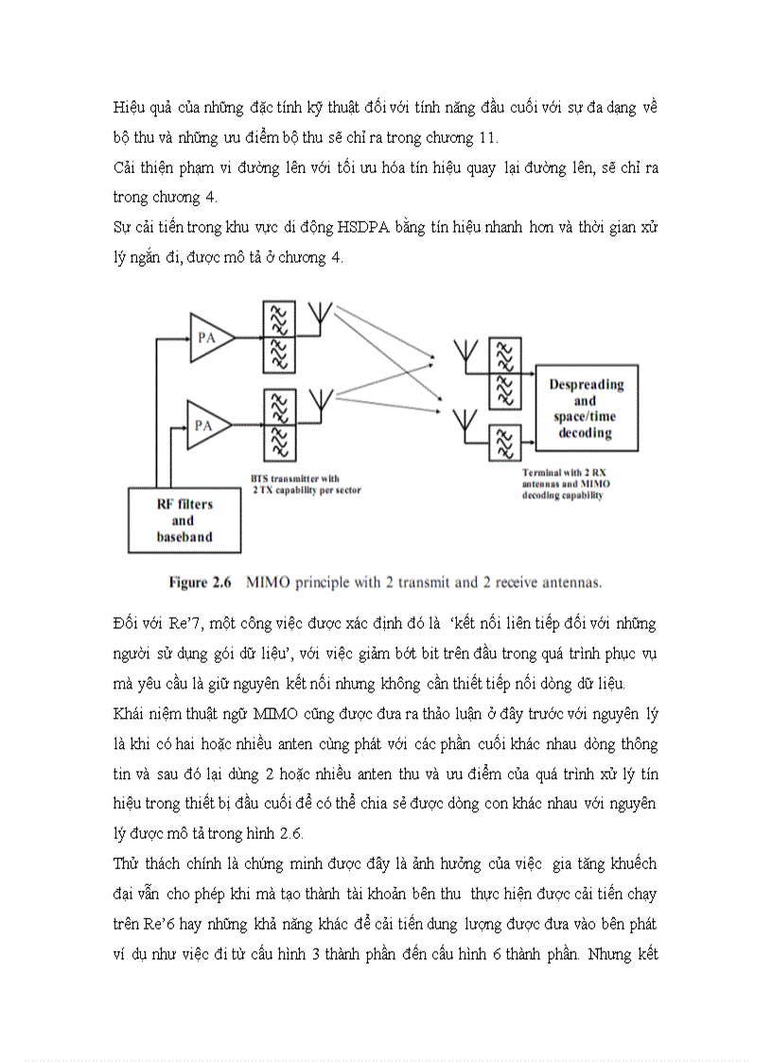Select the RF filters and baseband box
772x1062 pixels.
[184, 520]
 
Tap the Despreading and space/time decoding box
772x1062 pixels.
[587, 409]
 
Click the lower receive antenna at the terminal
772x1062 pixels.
[465, 423]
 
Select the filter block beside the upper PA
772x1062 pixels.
[278, 338]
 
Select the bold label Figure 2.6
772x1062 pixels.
[201, 583]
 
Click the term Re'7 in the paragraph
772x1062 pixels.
[199, 624]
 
